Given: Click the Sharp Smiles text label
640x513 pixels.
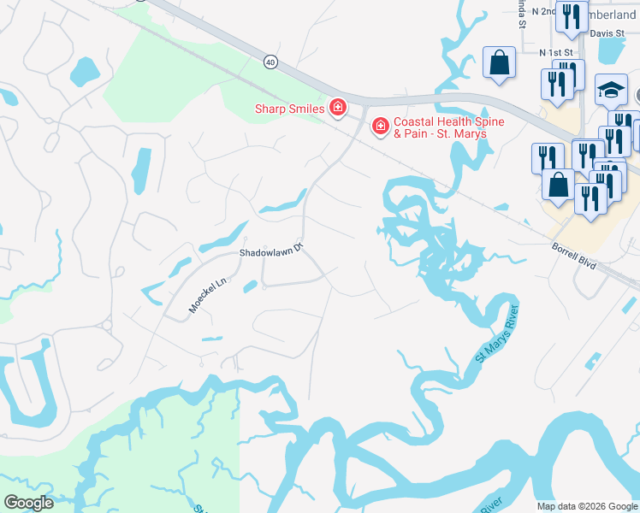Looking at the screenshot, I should coord(289,109).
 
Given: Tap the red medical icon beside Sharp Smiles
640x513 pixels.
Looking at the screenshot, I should coord(338,108).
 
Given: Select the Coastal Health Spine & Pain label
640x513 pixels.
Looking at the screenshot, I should coord(448,128).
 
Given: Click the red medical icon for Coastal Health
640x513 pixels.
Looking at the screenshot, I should coord(379,127).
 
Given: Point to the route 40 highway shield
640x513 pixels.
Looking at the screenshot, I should coord(270,62).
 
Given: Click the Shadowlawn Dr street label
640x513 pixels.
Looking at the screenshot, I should coord(271,251).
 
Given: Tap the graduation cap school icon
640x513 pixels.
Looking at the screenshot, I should coord(610,89).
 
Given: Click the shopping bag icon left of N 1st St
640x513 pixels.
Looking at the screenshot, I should coord(499,62).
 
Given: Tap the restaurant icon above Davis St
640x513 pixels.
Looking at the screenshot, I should coord(571,15).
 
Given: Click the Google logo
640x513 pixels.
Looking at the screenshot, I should coord(28,503).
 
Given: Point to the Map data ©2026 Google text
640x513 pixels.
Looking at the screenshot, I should coord(587,506).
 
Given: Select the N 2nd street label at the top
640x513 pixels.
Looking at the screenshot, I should coord(542,12).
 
